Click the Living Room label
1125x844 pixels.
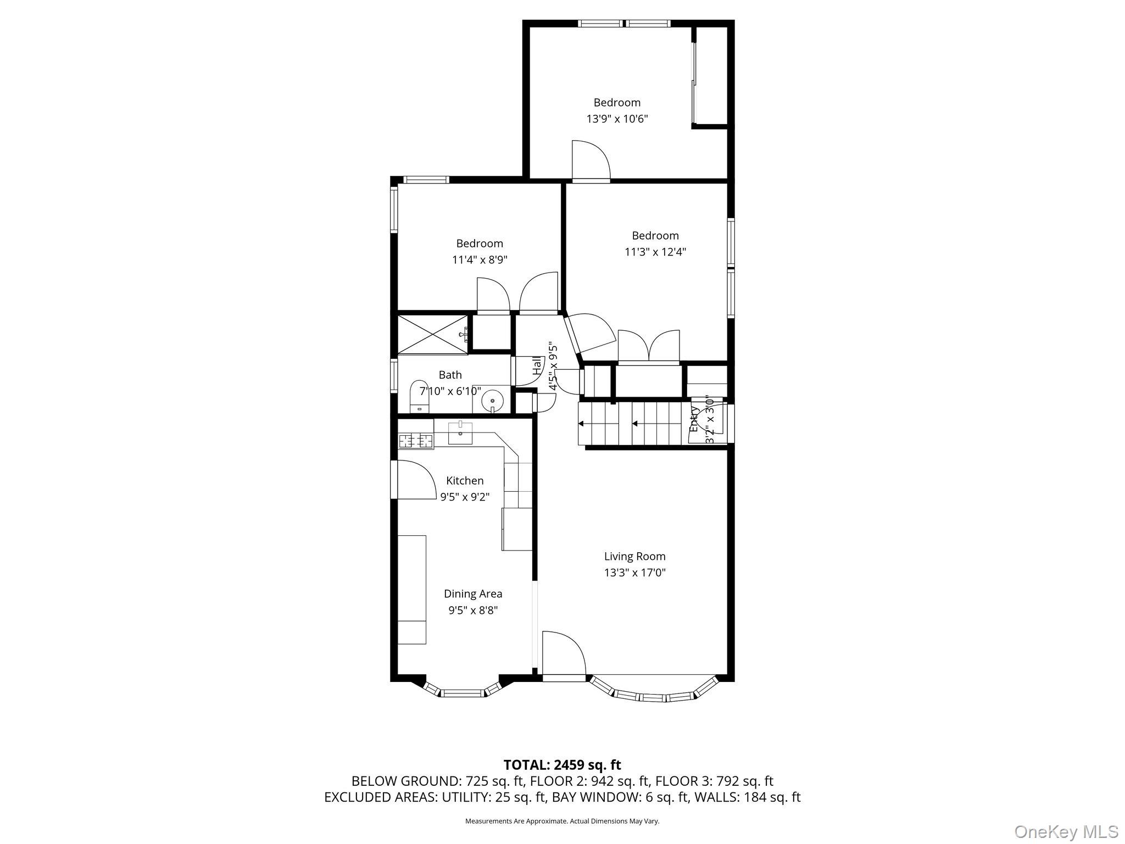pos(634,557)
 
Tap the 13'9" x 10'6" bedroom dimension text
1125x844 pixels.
pos(617,119)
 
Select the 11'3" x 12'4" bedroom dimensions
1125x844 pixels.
pos(655,252)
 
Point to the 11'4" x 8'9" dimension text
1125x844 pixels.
pos(480,260)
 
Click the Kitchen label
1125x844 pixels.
pos(465,481)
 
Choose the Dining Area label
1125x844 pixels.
pos(473,594)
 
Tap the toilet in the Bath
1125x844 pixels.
pos(419,396)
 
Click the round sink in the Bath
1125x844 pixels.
pos(492,400)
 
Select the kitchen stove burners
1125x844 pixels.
pos(416,441)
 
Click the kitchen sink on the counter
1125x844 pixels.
pos(460,432)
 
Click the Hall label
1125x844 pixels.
pos(536,366)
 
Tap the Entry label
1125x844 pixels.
pos(695,419)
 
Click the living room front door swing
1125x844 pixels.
pos(562,654)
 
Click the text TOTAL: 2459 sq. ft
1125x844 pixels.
pos(562,765)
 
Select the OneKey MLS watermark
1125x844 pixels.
pos(1066,831)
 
